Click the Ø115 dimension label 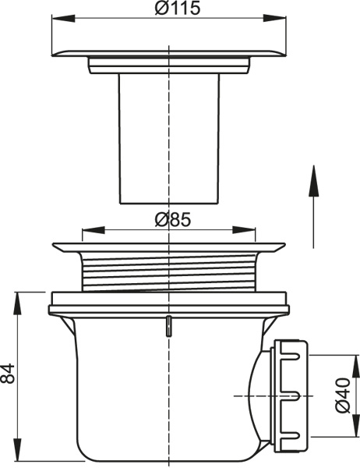[177, 8]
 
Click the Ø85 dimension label [173, 220]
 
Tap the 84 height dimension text [8, 374]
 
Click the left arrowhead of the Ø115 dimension [63, 18]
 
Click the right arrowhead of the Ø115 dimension [275, 18]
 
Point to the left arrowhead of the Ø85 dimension [93, 230]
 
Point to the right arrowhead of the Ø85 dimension [244, 230]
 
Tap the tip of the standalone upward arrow [313, 165]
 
